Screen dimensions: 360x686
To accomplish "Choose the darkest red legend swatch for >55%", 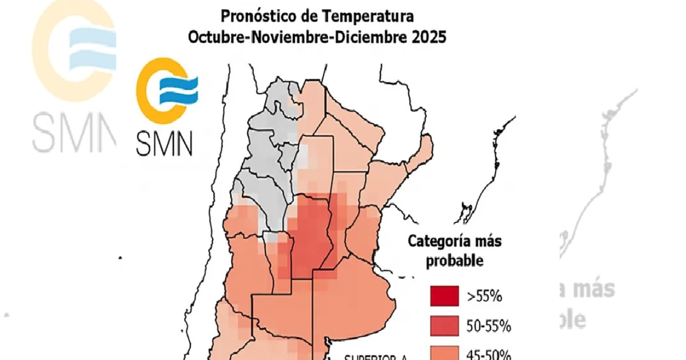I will (x=444, y=297).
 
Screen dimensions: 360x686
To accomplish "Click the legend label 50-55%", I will (x=488, y=327).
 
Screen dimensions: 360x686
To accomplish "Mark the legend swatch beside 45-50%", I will (x=444, y=354).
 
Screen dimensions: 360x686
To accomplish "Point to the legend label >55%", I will (x=484, y=297).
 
